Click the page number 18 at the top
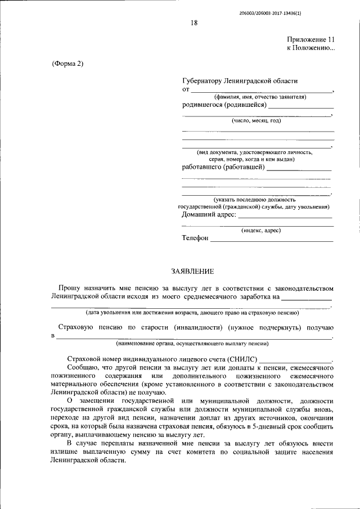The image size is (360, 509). (194, 22)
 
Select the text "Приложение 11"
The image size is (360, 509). (310, 40)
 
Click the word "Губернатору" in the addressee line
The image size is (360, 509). (202, 81)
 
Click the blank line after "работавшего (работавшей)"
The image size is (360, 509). (299, 169)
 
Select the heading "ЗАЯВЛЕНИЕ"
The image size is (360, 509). (192, 272)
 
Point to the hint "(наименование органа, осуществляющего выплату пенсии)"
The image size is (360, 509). (192, 343)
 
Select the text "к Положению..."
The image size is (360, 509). (310, 48)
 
